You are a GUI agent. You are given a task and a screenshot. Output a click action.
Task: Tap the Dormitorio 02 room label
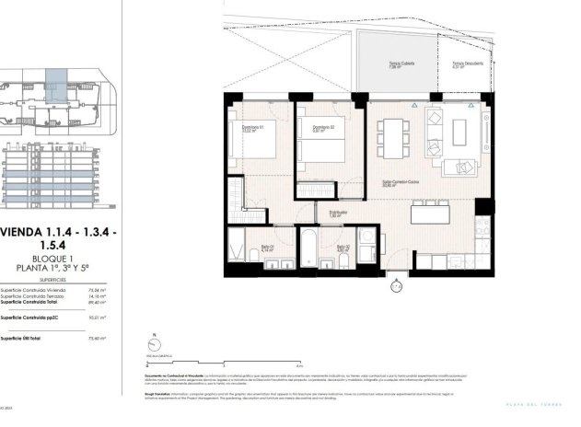pos(322,128)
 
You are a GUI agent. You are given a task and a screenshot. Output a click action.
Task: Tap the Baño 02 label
pos(343,248)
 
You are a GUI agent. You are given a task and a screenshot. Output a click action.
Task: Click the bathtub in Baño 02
pos(308,248)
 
